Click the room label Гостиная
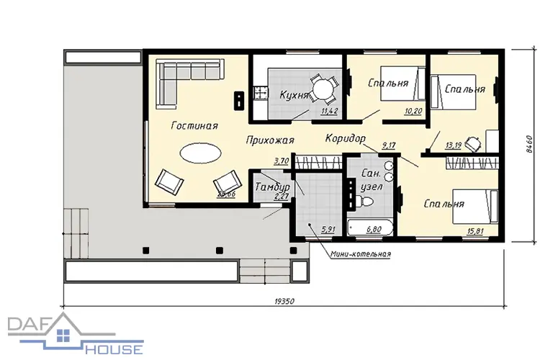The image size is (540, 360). point(194,125)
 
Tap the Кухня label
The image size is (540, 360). point(294,95)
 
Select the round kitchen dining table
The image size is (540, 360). point(323,89)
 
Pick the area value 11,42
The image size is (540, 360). point(330,111)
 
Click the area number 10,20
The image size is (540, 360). point(413,111)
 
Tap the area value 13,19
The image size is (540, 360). point(453,145)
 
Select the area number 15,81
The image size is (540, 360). point(475,231)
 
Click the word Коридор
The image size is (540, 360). point(345,138)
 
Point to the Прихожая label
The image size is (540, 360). point(270,140)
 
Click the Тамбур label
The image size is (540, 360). point(272,187)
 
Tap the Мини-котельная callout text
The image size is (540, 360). point(361,254)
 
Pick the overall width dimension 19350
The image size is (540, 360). point(284,302)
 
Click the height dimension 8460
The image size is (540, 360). point(530,145)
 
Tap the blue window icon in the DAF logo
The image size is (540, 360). point(63,336)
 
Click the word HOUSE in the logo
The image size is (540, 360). point(114,349)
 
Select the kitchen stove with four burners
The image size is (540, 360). point(261,93)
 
